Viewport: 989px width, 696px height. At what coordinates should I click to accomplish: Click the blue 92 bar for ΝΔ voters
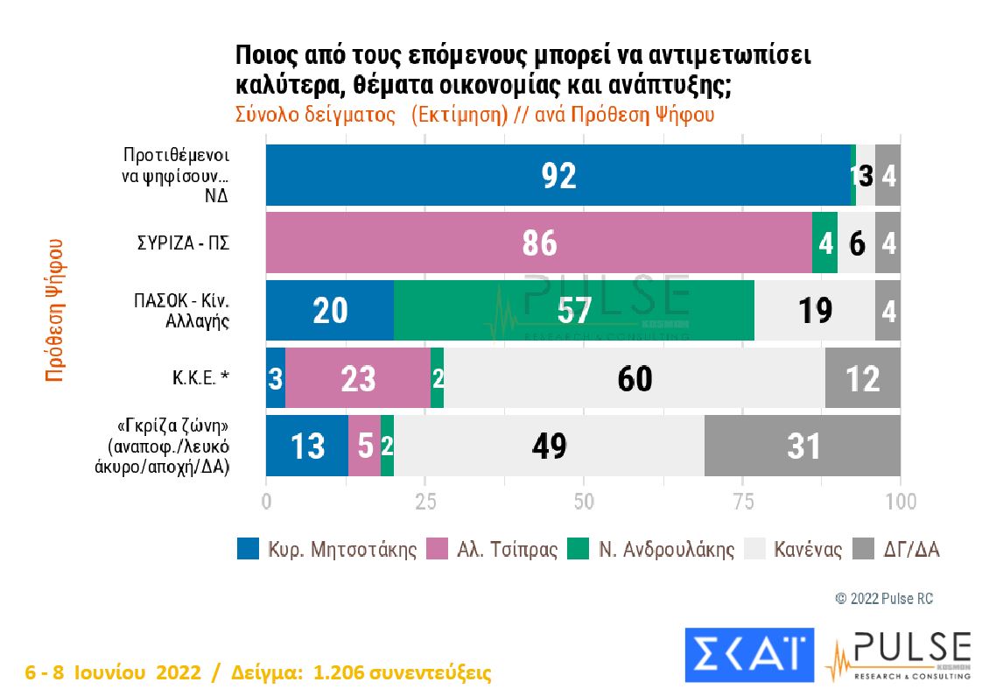tap(558, 175)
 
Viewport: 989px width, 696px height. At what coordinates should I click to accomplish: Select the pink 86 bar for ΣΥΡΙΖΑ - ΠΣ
tap(538, 243)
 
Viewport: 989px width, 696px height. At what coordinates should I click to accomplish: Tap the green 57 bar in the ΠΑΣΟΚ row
tap(574, 311)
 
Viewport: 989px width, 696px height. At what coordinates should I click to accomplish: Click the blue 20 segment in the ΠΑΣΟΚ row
tap(329, 311)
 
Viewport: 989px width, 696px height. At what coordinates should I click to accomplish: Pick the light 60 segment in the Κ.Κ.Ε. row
tap(634, 378)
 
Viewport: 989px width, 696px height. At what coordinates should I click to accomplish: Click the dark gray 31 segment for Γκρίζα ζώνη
tap(802, 446)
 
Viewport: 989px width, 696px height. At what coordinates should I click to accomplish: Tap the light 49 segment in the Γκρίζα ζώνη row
tap(549, 446)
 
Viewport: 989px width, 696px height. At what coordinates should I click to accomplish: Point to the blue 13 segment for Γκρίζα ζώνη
tap(306, 446)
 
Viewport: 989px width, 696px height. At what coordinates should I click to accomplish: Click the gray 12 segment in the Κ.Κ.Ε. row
tap(862, 378)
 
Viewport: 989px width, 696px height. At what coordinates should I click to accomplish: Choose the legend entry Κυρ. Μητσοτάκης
tap(327, 550)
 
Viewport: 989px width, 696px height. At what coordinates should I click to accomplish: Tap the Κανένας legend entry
tap(793, 550)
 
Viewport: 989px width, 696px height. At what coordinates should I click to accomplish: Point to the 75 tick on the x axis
tap(742, 502)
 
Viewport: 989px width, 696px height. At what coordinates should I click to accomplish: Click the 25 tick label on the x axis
tap(424, 502)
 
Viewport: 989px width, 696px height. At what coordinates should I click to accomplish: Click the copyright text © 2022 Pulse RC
tap(884, 599)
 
